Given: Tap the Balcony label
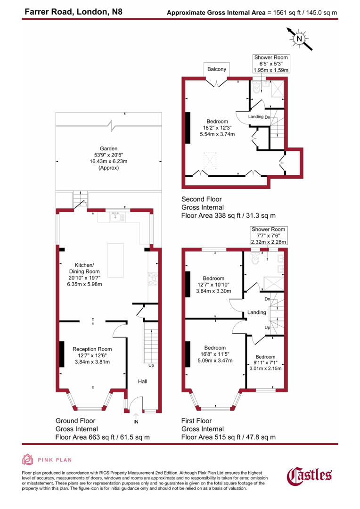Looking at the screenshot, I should coord(217,69).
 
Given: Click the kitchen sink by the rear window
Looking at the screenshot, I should coord(115,217).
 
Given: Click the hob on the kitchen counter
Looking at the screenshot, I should coord(152,280).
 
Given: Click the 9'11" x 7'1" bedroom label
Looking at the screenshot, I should coord(265,362).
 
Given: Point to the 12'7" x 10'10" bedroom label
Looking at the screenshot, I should coord(213,285).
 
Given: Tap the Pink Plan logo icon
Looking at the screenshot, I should coord(28,460).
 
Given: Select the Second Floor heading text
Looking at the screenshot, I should coord(201,199).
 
